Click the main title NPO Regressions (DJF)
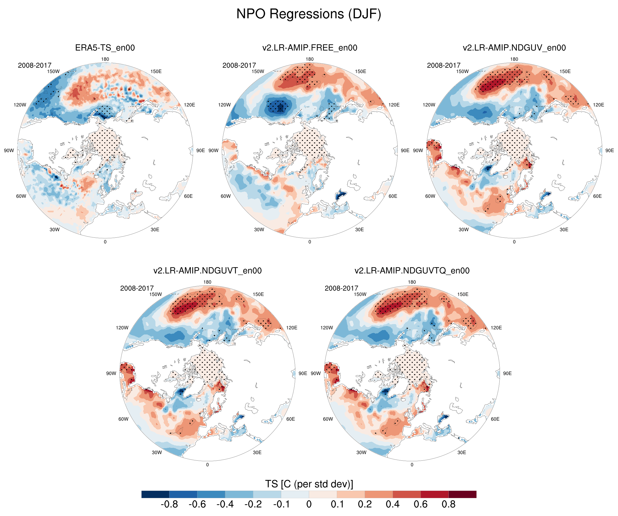[x=309, y=14]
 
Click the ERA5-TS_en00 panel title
[x=105, y=48]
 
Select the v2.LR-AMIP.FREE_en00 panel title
[x=310, y=48]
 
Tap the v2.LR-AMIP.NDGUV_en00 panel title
[x=514, y=48]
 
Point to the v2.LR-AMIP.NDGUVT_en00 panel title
[x=208, y=271]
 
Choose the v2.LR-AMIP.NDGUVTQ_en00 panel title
[x=412, y=271]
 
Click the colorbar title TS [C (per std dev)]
[x=309, y=484]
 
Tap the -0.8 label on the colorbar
[x=169, y=504]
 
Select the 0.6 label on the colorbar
[x=421, y=504]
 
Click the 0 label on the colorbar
[x=309, y=504]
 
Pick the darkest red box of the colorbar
[x=462, y=494]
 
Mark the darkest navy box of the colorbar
[x=155, y=494]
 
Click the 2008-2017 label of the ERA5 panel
[x=35, y=65]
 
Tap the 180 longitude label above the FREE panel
[x=310, y=59]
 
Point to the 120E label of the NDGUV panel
[x=598, y=105]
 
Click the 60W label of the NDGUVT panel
[x=123, y=419]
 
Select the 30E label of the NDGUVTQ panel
[x=461, y=452]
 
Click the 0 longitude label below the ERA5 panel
[x=105, y=242]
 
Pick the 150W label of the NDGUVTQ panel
[x=360, y=294]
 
